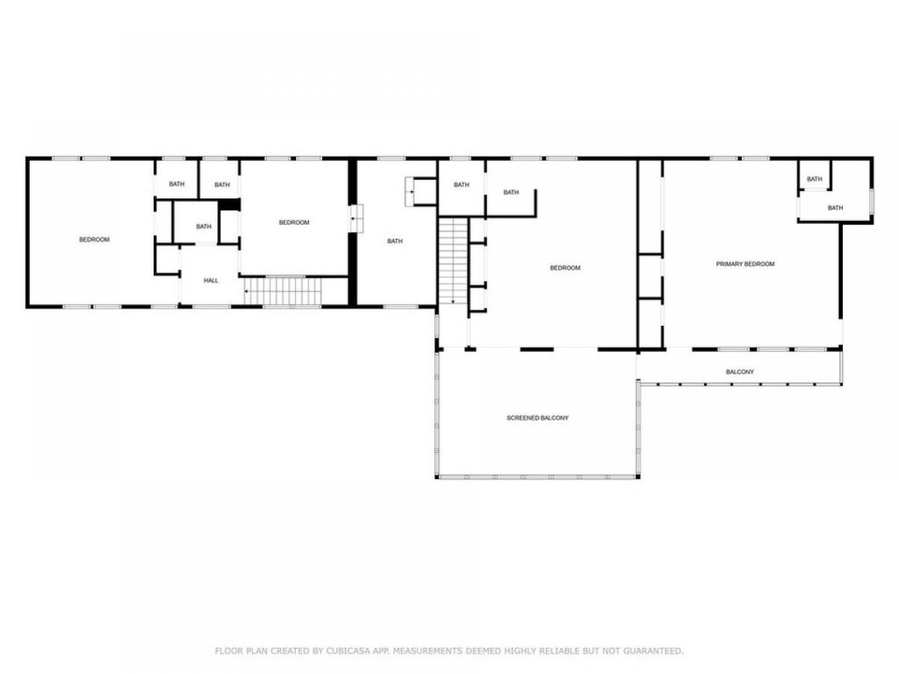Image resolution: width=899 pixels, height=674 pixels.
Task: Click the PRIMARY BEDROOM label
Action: click(745, 264)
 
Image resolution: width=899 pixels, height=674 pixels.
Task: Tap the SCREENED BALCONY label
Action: click(537, 418)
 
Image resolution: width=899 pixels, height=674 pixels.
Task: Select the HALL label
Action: click(211, 280)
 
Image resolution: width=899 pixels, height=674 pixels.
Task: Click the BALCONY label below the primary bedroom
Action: click(739, 372)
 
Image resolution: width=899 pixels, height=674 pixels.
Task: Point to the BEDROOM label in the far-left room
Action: click(94, 240)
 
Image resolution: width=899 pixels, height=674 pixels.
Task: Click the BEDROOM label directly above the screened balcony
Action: click(565, 268)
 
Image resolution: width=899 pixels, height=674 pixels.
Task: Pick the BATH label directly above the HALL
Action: click(204, 226)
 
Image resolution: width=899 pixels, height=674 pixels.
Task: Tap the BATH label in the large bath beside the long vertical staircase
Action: click(395, 241)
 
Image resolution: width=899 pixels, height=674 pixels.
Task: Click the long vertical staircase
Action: click(453, 261)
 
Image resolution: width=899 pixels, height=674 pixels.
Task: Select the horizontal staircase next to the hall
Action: click(282, 291)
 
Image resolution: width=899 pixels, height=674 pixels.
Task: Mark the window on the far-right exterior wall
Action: click(871, 201)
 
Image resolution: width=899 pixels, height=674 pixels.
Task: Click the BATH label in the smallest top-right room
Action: click(814, 179)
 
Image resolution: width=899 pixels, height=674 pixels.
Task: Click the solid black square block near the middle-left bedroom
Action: click(229, 204)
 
